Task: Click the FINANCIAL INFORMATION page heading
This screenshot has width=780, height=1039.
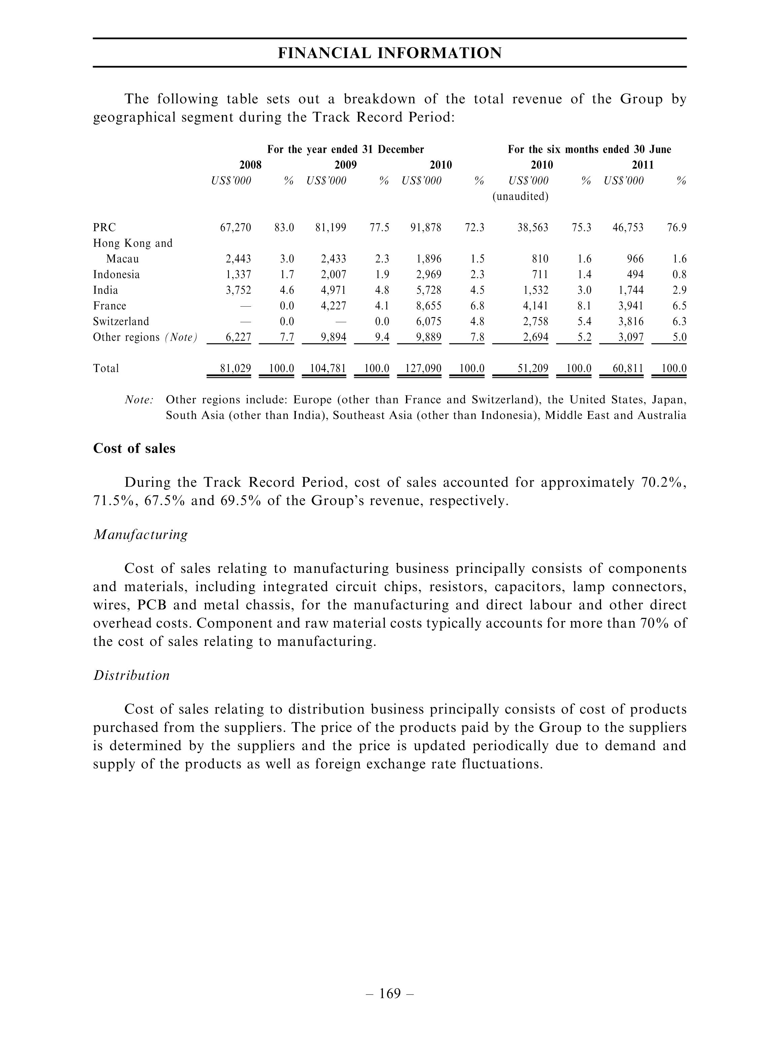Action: [389, 53]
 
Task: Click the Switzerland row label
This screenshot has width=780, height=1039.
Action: [121, 322]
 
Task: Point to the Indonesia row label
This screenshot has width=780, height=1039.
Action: [116, 275]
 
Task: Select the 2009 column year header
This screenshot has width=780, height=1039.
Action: [345, 165]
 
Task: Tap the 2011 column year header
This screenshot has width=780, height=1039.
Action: [642, 165]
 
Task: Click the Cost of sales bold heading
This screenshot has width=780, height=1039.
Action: [134, 449]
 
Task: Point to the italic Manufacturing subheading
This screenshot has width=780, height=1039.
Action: [140, 535]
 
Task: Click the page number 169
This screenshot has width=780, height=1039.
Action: [390, 994]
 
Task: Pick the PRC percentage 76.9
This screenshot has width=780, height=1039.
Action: [677, 228]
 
